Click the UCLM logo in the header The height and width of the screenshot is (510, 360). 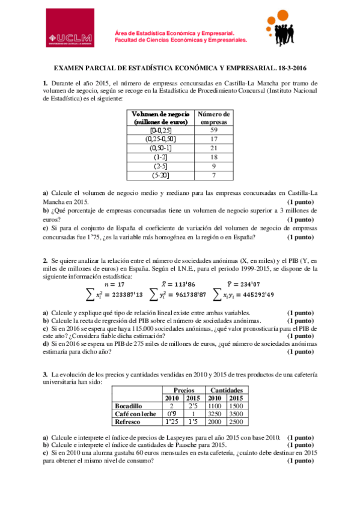[x=70, y=35]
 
